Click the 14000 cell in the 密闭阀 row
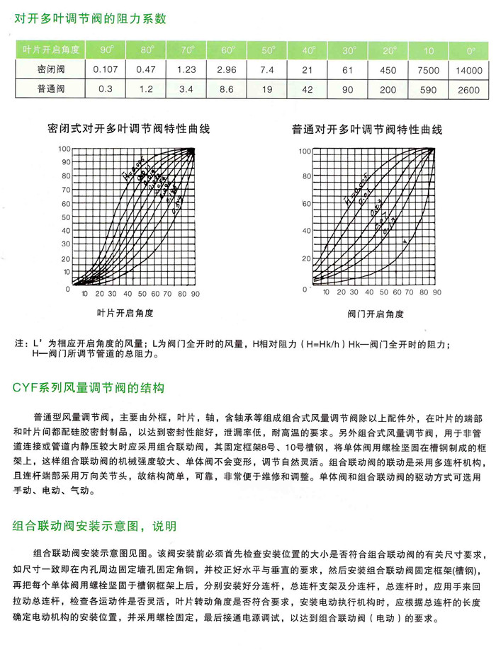468,70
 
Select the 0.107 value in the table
106,70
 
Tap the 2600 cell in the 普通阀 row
468,90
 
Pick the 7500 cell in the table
429,70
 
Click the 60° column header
227,50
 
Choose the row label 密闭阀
51,70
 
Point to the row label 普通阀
51,90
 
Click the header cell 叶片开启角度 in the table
51,50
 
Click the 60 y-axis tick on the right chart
307,204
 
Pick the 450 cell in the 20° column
388,70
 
